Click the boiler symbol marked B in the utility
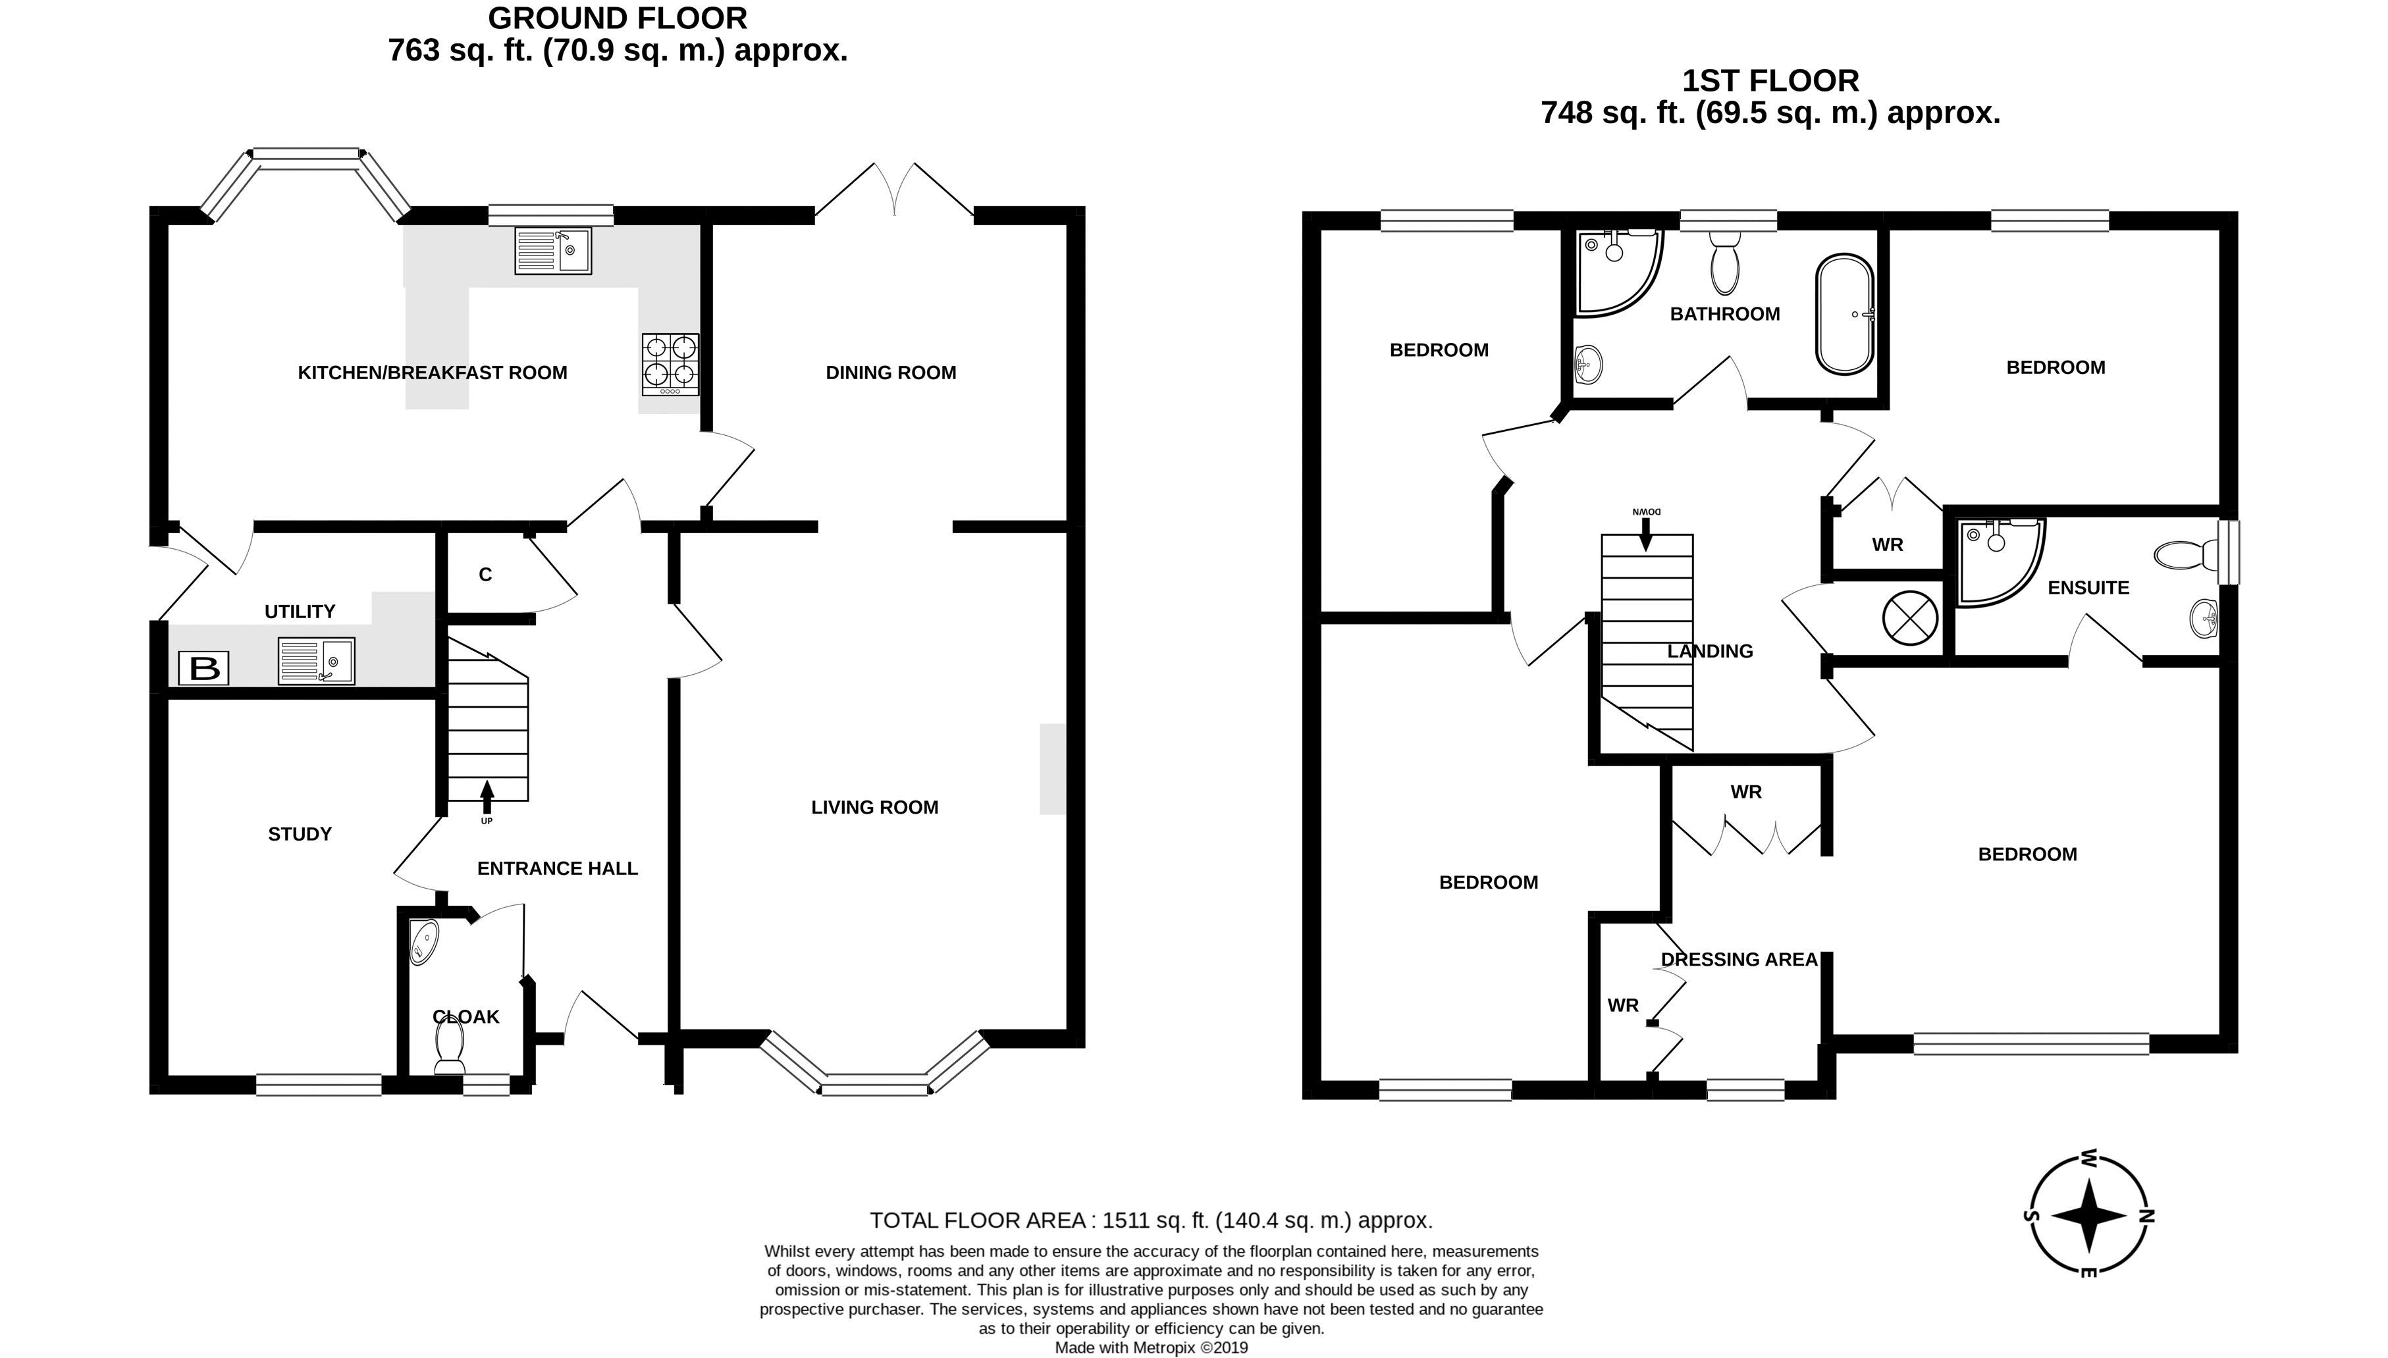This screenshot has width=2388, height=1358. coord(204,667)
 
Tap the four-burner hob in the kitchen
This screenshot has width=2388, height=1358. coord(670,365)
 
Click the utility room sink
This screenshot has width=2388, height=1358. coord(316,660)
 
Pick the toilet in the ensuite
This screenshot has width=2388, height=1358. coord(2187,556)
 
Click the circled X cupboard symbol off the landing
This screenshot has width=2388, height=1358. coord(1911,617)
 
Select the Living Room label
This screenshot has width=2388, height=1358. coord(875,808)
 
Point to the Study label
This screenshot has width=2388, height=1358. coord(300,834)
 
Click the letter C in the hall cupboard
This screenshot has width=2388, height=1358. coord(485,575)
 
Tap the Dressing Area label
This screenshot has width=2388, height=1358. coord(1739,959)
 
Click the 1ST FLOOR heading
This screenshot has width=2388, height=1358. coord(1770,81)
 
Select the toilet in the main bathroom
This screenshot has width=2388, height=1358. coord(1725,261)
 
